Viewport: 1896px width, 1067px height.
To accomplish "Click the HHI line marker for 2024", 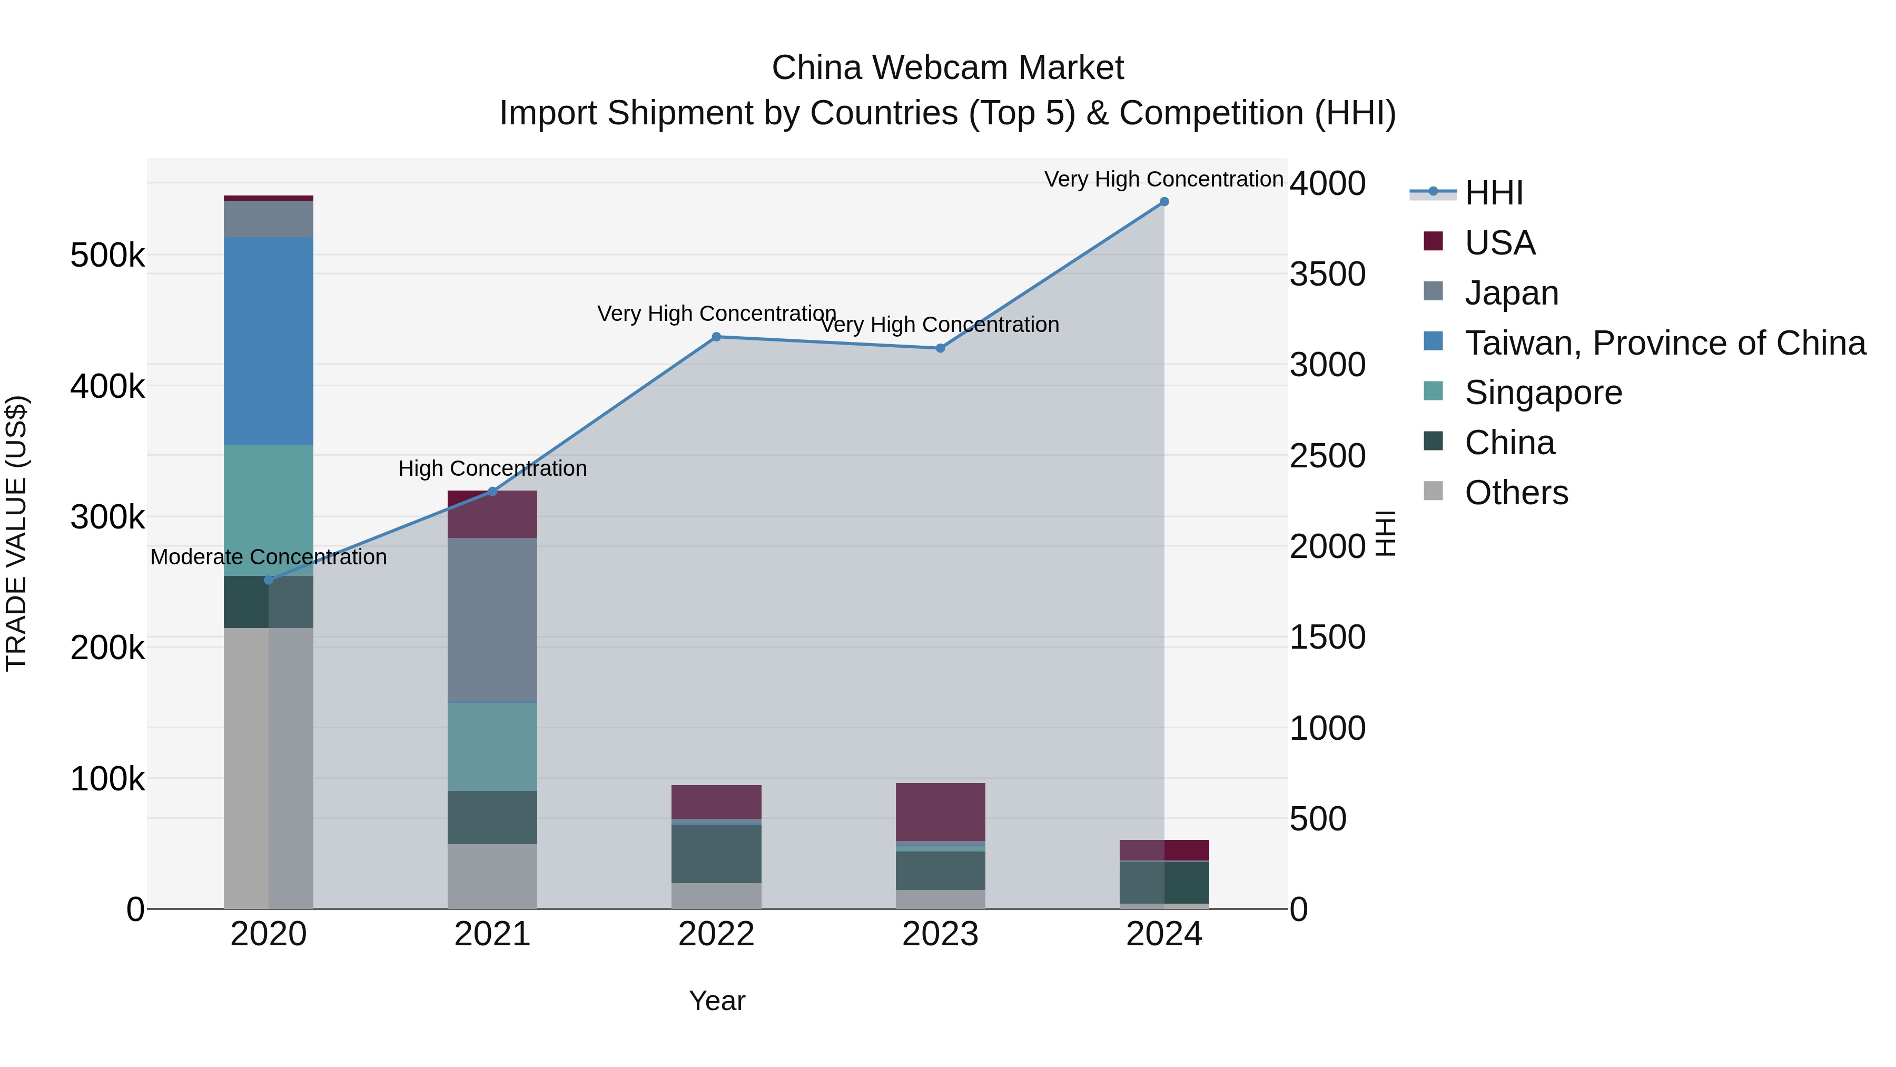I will point(1163,202).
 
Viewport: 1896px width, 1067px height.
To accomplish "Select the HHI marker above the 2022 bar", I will point(716,337).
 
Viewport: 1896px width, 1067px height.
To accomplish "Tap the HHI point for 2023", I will point(940,348).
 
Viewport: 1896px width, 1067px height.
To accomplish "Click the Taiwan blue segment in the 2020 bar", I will point(268,341).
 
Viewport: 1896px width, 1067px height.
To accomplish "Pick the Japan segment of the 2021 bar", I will point(492,620).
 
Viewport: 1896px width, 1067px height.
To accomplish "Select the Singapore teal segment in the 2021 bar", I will point(492,747).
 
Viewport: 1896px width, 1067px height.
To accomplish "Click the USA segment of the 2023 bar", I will point(940,811).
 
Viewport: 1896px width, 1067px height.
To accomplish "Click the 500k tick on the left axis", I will point(107,256).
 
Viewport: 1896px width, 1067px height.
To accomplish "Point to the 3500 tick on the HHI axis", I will point(1327,274).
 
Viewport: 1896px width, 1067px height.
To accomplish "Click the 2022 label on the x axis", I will point(716,934).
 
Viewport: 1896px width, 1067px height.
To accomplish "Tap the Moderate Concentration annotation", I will point(268,557).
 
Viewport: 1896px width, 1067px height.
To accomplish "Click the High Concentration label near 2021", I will point(492,468).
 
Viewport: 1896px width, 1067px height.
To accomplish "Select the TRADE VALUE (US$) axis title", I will point(16,533).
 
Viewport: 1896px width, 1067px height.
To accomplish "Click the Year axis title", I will point(716,1001).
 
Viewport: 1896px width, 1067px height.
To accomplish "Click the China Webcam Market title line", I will point(947,68).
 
